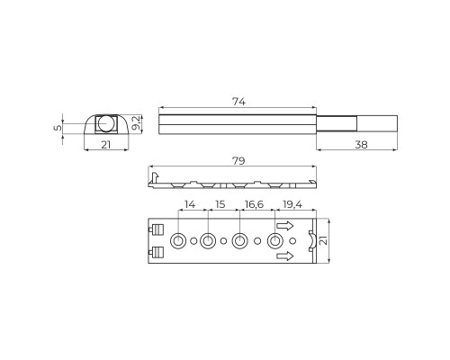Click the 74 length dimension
click(238, 101)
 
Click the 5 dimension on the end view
click(59, 127)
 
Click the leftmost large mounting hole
click(178, 241)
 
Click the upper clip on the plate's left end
click(157, 229)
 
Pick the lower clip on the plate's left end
click(157, 251)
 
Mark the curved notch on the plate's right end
click(311, 241)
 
